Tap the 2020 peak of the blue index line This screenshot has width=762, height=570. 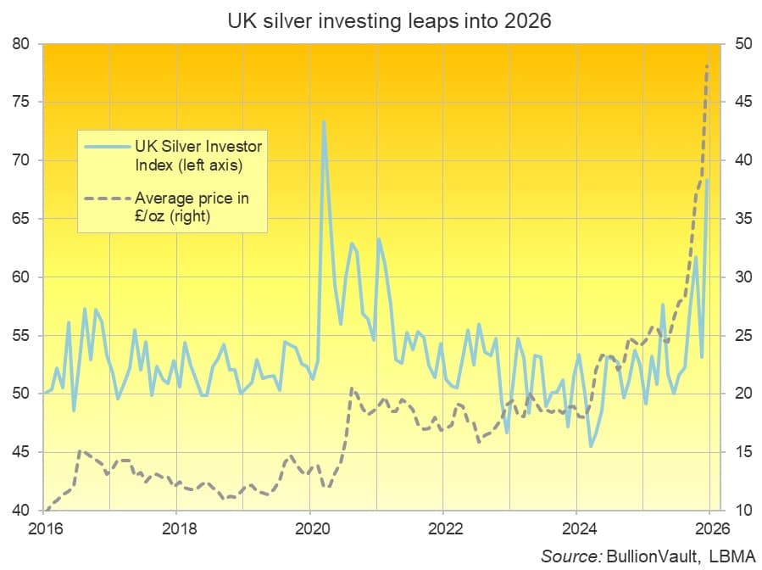point(323,121)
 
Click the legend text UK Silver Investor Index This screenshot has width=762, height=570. point(198,154)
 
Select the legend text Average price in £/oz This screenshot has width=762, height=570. point(192,208)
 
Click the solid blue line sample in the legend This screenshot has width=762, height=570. point(108,146)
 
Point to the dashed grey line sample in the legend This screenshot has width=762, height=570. point(108,199)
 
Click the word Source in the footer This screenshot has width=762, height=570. point(571,556)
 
